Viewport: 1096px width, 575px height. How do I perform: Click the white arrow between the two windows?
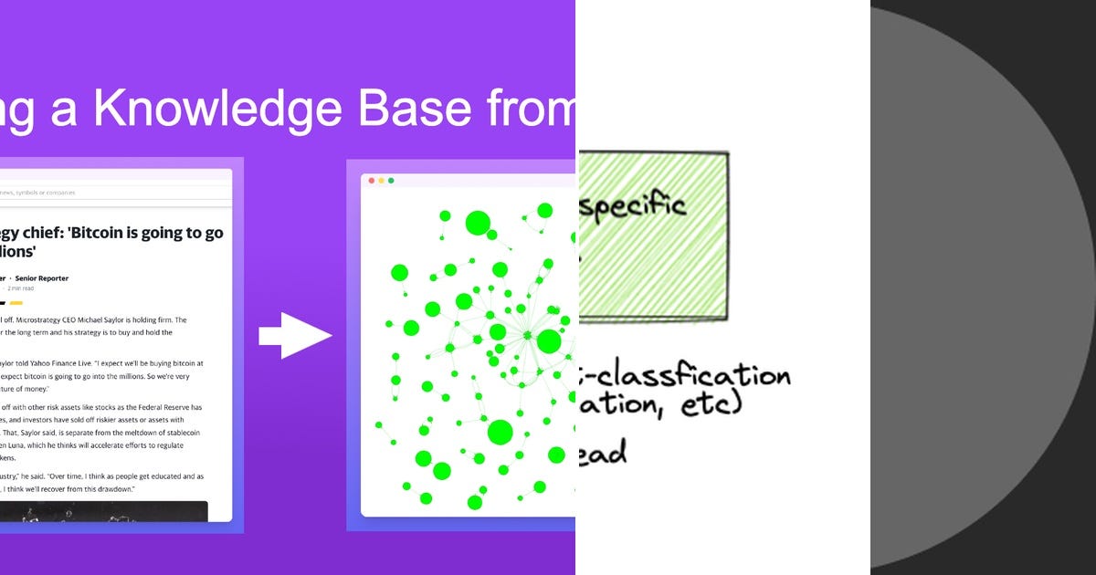294,336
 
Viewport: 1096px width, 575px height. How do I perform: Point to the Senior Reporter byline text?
44,278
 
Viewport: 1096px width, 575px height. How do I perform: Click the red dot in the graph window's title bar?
372,181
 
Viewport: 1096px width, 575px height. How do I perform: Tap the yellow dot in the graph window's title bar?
382,181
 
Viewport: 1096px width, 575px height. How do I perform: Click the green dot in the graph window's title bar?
391,181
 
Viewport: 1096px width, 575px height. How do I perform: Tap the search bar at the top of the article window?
114,193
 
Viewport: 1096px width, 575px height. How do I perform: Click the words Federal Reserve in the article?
151,407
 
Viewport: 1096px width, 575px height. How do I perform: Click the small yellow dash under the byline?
16,302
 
